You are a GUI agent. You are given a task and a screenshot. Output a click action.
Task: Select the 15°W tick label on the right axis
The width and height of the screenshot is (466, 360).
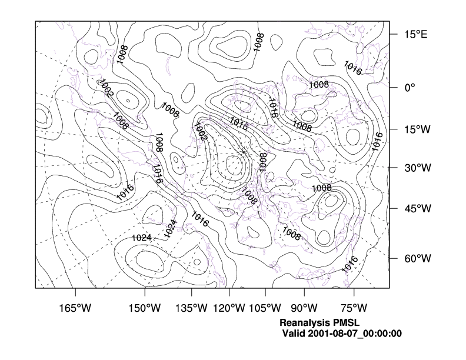(417, 130)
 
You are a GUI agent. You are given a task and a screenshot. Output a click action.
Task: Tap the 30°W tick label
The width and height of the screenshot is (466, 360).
(417, 168)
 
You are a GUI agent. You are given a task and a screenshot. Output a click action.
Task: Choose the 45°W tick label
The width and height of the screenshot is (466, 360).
(417, 208)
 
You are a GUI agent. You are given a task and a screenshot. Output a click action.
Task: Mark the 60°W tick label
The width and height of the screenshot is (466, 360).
(417, 259)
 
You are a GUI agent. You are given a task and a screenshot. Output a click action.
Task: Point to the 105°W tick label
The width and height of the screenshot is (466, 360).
(264, 308)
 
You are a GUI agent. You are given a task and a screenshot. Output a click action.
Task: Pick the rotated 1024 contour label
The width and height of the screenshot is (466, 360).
(170, 228)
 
